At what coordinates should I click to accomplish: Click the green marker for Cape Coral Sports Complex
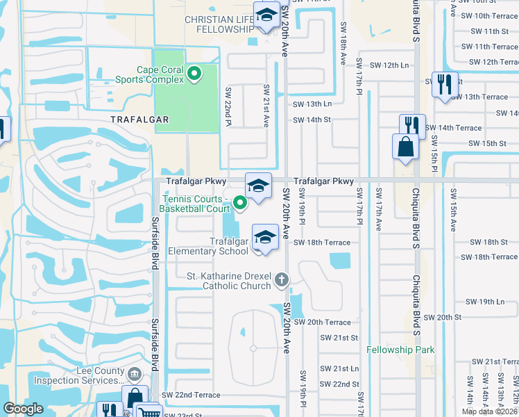pos(195,72)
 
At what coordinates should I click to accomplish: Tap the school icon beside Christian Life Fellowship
pos(266,15)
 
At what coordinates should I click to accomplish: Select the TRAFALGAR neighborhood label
pos(139,120)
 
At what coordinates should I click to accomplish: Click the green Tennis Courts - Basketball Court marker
pos(240,202)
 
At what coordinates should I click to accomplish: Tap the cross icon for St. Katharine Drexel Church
pos(281,280)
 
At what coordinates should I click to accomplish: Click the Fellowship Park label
pos(400,350)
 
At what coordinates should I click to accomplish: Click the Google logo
pos(24,409)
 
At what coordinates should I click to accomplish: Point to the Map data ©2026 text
pos(488,411)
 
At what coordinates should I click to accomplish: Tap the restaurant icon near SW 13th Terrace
pos(442,84)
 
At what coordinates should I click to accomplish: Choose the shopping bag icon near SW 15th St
pos(405,147)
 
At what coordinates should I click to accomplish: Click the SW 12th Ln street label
pos(389,65)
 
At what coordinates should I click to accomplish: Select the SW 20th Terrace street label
pos(322,322)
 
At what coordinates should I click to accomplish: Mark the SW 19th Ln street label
pos(485,302)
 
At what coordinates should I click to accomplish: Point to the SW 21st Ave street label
pos(265,106)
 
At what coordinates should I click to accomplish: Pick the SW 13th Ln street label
pos(312,104)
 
